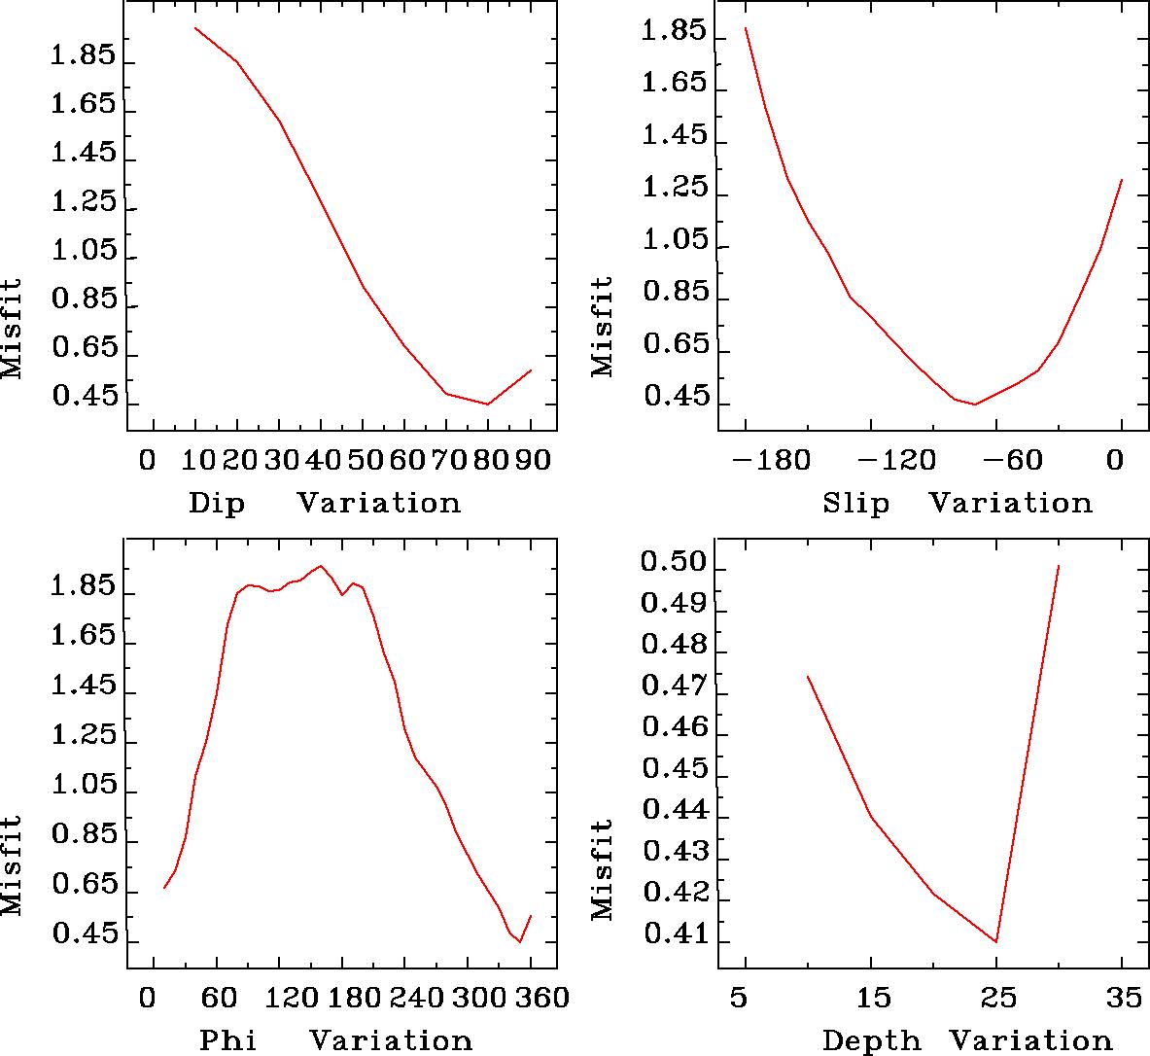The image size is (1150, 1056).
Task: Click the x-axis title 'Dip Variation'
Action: tap(324, 504)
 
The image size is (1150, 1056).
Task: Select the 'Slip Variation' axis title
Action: tap(958, 504)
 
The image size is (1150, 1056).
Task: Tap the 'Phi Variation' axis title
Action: tap(335, 1040)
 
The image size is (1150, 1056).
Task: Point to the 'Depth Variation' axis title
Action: tap(967, 1040)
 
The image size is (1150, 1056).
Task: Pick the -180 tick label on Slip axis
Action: tap(778, 459)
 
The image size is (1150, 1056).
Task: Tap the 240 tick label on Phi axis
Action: tap(411, 998)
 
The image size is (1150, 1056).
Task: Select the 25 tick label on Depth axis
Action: tap(996, 998)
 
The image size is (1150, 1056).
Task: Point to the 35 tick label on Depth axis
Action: tap(1123, 998)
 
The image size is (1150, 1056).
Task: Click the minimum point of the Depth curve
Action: tap(996, 941)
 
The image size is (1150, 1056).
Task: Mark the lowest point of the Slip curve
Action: tap(975, 405)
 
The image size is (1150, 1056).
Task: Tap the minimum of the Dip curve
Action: tap(488, 405)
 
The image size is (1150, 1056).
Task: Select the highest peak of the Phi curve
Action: tap(321, 566)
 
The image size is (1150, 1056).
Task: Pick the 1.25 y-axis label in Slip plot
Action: tap(674, 188)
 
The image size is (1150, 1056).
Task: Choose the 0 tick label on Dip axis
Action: tap(147, 459)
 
